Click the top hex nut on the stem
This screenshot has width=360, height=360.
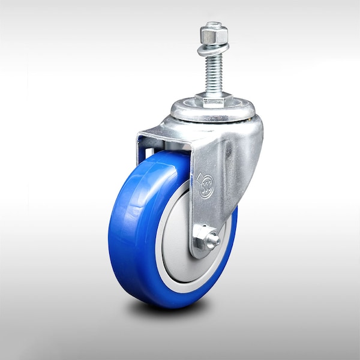[x=214, y=38]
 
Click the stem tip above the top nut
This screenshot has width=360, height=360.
[x=214, y=26]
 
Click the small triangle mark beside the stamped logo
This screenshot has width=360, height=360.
[x=200, y=176]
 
